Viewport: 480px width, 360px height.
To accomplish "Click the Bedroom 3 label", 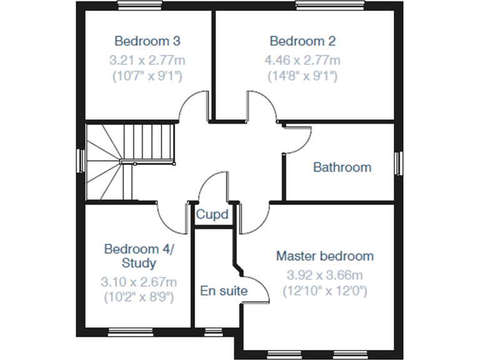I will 147,41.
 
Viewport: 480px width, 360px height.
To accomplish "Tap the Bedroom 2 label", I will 302,41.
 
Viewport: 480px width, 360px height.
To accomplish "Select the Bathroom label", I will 342,167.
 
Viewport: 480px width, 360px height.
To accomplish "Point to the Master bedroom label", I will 325,256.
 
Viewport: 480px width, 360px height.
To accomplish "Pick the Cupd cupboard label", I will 212,214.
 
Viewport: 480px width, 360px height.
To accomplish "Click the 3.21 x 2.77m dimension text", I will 147,61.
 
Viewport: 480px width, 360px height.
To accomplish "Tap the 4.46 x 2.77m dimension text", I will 302,61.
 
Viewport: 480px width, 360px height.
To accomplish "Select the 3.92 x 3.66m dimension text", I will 325,275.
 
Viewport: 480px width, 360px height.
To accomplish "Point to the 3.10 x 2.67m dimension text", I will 139,282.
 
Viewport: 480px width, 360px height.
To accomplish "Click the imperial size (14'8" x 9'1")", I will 302,76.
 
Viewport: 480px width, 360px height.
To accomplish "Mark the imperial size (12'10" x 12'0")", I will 325,291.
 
